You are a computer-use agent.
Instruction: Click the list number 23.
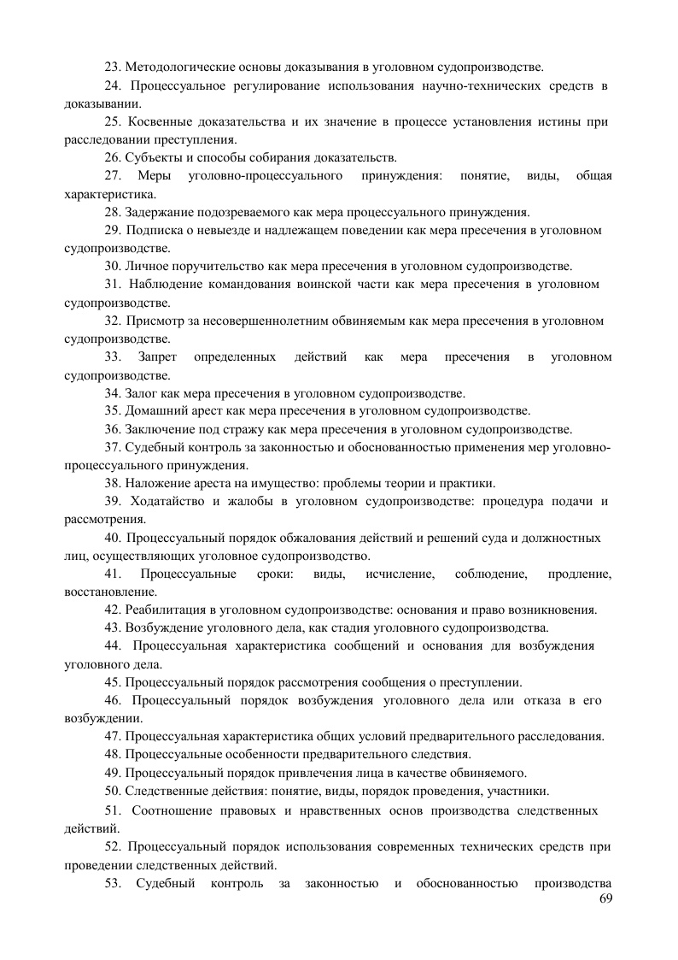[x=113, y=66]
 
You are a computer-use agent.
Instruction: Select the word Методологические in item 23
[x=177, y=66]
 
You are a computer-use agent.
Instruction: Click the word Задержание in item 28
[x=160, y=212]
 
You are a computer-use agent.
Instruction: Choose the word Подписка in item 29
[x=153, y=230]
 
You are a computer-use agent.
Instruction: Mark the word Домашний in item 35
[x=154, y=411]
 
